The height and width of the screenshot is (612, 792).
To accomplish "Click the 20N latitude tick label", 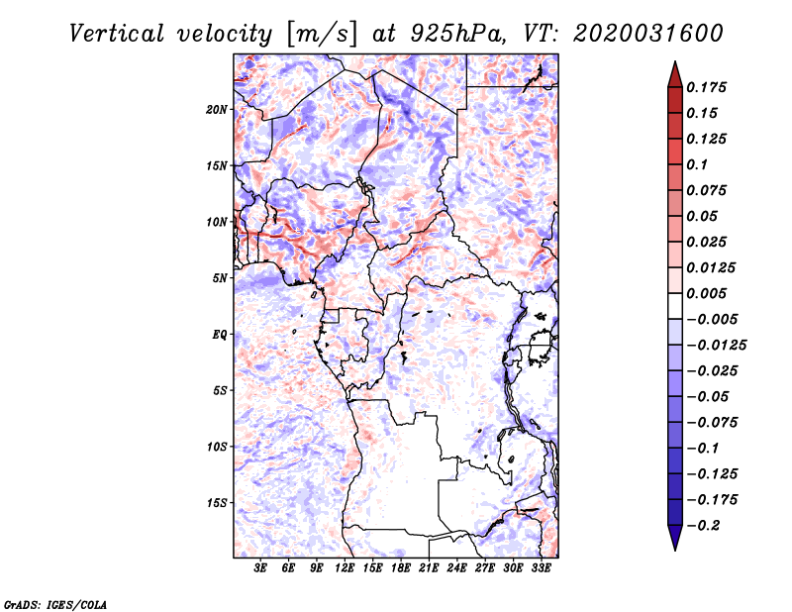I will point(218,109).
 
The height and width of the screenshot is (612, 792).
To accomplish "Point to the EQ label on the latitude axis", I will point(220,334).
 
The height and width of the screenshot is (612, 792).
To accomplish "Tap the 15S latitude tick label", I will point(218,503).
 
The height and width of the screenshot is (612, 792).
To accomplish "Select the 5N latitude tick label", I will point(221,278).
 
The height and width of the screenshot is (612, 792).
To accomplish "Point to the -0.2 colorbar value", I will point(705,525).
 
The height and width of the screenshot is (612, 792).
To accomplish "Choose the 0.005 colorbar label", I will point(708,293).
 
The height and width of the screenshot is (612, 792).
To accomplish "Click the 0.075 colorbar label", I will point(708,190).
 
